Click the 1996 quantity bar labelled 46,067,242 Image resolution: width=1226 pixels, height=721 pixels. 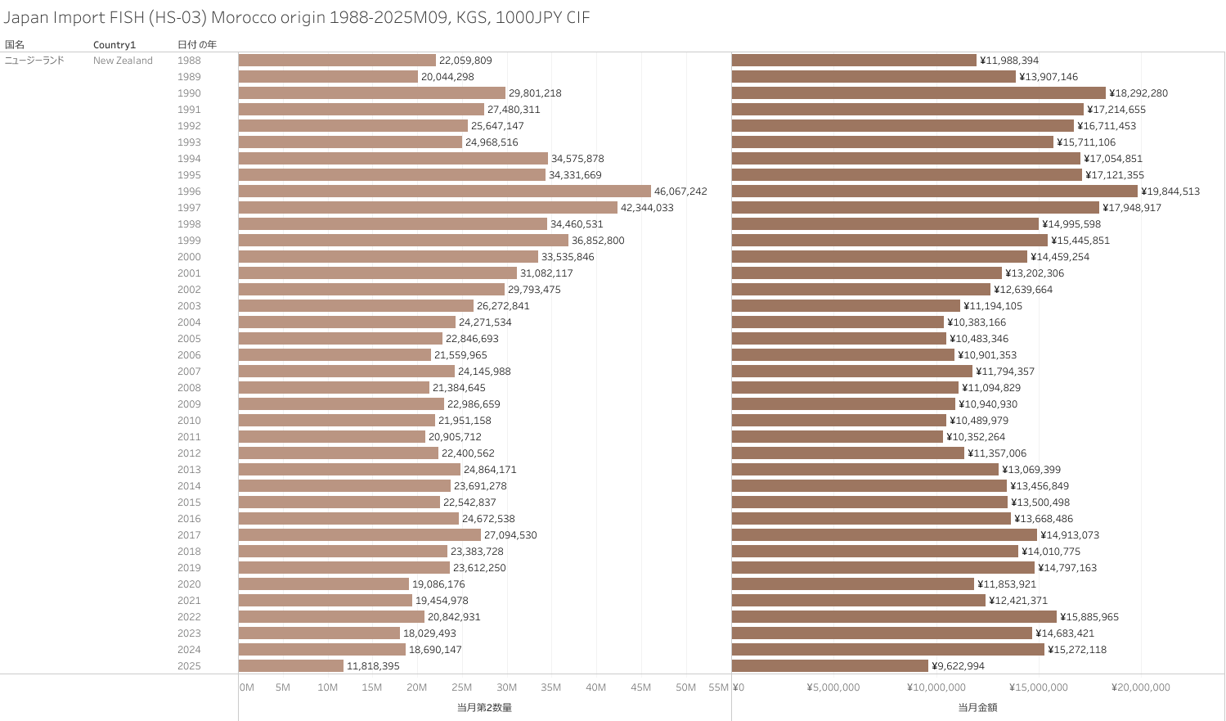pos(444,192)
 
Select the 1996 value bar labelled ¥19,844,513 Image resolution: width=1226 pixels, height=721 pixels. pos(934,192)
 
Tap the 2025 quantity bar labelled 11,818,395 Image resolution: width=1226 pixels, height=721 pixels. pos(291,666)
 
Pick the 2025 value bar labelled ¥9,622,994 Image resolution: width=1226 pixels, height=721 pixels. pos(829,666)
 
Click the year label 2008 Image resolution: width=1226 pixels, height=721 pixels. pos(189,388)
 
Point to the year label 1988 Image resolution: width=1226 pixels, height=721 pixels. pos(189,61)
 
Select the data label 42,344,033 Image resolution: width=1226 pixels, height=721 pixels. pos(647,208)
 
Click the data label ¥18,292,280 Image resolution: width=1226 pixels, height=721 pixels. pos(1138,93)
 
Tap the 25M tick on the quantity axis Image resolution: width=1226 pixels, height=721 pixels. pos(462,687)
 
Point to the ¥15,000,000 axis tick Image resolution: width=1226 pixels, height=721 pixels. pos(1039,687)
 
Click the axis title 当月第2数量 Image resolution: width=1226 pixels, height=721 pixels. pos(484,707)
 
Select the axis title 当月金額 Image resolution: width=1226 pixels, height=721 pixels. pos(977,707)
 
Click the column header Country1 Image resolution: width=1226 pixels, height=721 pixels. pos(115,45)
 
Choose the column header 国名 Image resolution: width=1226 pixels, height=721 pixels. pos(15,45)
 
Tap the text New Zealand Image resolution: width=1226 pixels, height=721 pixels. pos(123,61)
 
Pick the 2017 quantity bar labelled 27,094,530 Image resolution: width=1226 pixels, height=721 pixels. pos(359,535)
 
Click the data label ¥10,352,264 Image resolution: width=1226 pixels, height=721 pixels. pos(976,437)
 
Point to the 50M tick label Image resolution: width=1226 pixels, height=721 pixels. pos(685,687)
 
